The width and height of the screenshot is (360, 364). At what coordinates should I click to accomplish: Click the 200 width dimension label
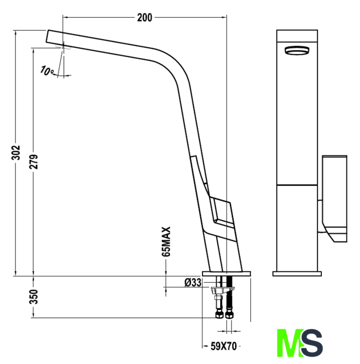[144, 18]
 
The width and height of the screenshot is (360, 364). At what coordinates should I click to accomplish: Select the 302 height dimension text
[16, 152]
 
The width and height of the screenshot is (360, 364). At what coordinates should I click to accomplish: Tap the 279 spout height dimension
[34, 162]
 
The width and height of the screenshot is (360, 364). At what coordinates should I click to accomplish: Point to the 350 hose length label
[34, 296]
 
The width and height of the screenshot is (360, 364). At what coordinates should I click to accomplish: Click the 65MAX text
[166, 241]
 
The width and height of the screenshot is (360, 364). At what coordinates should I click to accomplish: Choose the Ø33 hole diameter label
[193, 283]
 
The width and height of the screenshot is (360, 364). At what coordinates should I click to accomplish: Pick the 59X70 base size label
[224, 346]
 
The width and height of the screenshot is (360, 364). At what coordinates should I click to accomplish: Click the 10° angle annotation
[47, 71]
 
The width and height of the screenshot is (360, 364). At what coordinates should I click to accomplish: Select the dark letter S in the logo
[312, 342]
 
